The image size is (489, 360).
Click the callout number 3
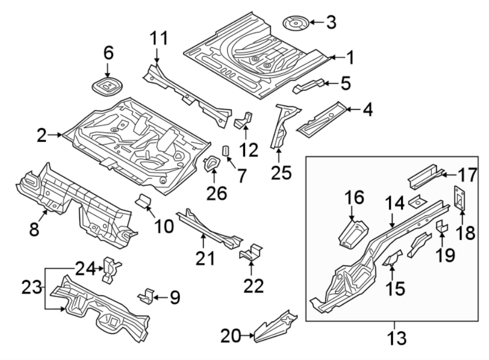click(x=330, y=22)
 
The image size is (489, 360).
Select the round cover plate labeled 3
click(x=296, y=23)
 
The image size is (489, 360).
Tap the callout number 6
click(x=109, y=53)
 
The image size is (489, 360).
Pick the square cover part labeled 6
click(x=107, y=86)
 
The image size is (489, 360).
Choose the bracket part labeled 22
click(x=251, y=252)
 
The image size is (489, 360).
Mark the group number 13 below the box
click(x=398, y=338)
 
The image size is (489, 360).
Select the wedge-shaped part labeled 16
click(x=352, y=233)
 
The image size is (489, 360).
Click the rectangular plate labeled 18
click(x=459, y=198)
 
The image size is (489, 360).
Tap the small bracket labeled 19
click(x=442, y=227)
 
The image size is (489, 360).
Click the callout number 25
click(x=281, y=173)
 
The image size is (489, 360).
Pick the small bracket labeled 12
click(x=243, y=120)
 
